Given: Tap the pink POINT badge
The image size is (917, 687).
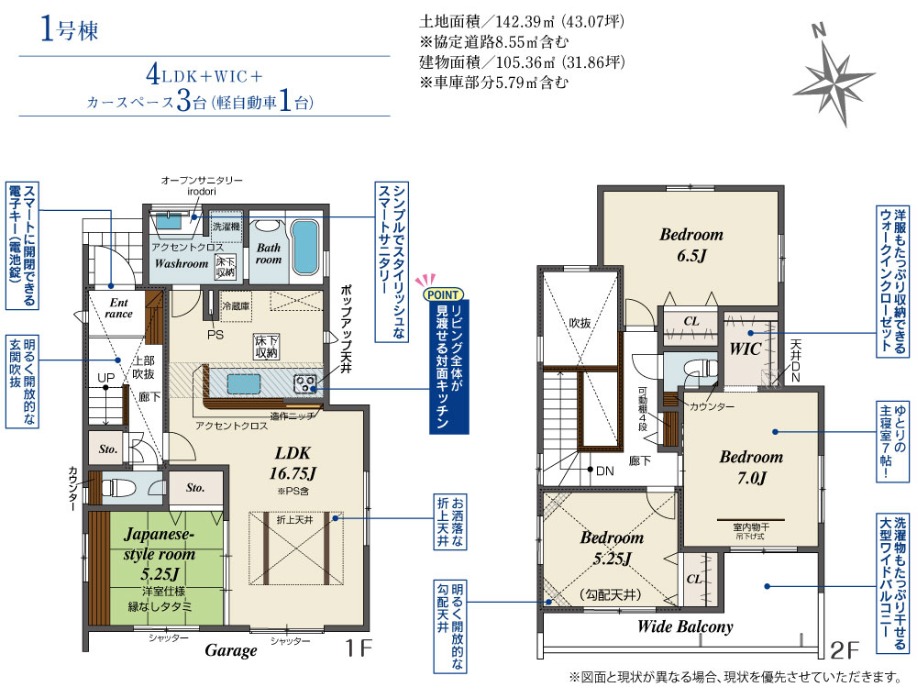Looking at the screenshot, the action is click(443, 294).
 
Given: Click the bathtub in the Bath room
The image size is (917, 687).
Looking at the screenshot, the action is click(304, 247).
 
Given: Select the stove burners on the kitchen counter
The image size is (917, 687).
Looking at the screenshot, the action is click(304, 384).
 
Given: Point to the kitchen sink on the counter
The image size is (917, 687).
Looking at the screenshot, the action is click(244, 384).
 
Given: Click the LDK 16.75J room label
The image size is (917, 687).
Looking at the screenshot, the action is click(293, 463).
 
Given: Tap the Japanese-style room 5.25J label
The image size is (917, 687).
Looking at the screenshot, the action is click(159, 553).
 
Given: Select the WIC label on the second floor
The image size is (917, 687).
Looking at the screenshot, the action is click(745, 349).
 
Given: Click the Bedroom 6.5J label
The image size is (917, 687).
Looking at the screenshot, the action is click(691, 245).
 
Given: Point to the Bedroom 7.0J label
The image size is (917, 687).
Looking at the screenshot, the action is click(751, 467).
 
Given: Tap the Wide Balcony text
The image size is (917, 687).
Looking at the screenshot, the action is click(685, 626).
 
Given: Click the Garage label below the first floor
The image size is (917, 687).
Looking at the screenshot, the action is click(231, 650).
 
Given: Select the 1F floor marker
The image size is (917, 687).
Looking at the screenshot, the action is click(358, 648).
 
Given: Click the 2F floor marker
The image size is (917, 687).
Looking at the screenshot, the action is click(845, 649).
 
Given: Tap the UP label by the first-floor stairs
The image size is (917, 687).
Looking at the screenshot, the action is click(105, 378).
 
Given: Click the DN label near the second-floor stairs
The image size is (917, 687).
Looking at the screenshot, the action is click(604, 471).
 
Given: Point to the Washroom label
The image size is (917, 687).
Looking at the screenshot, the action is click(182, 263).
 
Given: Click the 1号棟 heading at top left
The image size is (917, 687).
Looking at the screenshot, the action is click(69, 29).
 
